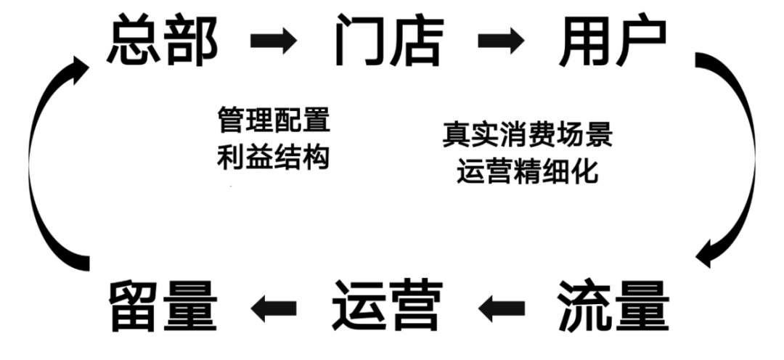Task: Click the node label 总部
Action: coord(163,40)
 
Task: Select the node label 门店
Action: coord(389,40)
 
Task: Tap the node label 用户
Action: coord(613,40)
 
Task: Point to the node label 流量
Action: coord(613,306)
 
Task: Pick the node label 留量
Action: coord(163,306)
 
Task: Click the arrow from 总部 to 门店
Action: coord(274,41)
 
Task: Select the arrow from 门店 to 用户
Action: coord(501,41)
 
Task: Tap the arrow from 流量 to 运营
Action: coord(501,308)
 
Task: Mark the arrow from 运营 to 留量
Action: coord(274,308)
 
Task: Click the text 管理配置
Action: coord(274,120)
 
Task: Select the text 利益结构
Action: coord(274,157)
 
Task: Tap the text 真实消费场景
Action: coord(528,134)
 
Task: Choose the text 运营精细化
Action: coord(527,171)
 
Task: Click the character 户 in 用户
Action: coord(642,40)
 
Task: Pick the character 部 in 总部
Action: coord(191,40)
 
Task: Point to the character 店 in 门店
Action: coord(417,40)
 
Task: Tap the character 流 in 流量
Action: coord(584,306)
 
